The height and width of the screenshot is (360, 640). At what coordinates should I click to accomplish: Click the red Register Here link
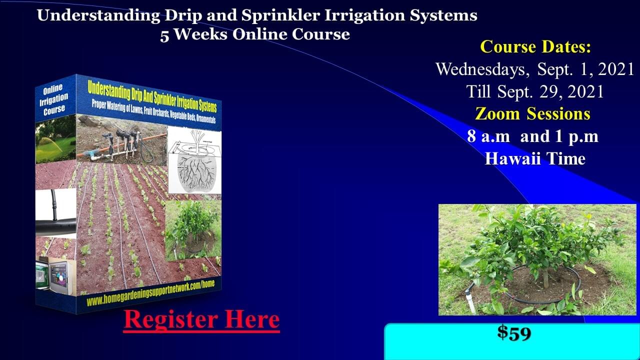[x=201, y=320]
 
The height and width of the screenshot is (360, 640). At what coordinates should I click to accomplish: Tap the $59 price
[x=514, y=333]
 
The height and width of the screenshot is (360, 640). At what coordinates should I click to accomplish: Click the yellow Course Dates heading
[x=535, y=46]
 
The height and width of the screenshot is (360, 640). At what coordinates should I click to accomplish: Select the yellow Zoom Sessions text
[x=532, y=113]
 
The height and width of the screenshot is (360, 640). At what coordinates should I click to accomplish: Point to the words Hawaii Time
[x=535, y=158]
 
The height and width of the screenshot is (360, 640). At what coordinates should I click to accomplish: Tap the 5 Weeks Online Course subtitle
[x=255, y=34]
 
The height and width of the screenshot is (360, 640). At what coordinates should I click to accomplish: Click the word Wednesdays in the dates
[x=482, y=69]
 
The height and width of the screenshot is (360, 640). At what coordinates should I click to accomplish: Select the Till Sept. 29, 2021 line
[x=535, y=91]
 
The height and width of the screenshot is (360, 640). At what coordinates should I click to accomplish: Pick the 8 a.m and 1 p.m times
[x=533, y=136]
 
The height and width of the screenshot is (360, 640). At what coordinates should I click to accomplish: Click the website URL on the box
[x=150, y=293]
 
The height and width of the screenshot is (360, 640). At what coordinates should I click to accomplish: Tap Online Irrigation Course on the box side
[x=54, y=99]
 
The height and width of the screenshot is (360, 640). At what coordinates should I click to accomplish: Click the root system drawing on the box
[x=194, y=160]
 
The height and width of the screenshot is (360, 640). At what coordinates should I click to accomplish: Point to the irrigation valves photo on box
[x=121, y=140]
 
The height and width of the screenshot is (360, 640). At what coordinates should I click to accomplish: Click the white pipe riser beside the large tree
[x=469, y=301]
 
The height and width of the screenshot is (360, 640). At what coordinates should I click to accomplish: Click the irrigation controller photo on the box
[x=56, y=275]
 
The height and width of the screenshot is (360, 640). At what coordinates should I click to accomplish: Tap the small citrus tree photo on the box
[x=193, y=230]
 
